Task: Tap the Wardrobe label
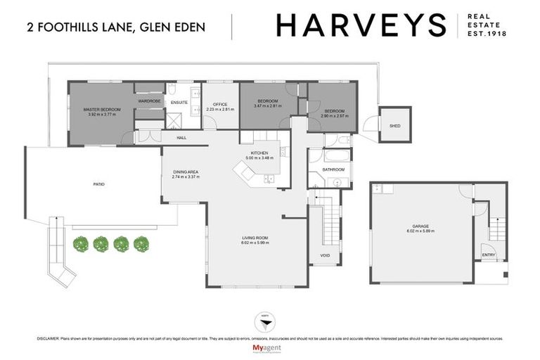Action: coord(150,101)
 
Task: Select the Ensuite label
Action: coord(179,102)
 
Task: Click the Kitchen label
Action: coord(260,155)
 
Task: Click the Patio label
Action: coord(99,184)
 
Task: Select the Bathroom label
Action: coord(333,169)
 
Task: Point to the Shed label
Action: coord(394,126)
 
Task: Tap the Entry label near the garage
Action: coord(488,255)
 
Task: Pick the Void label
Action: coord(325,255)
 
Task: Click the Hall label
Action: coord(181,137)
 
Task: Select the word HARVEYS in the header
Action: coord(361,25)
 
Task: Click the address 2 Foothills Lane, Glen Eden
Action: coord(116,28)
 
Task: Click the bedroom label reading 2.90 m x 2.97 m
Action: coord(333,112)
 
